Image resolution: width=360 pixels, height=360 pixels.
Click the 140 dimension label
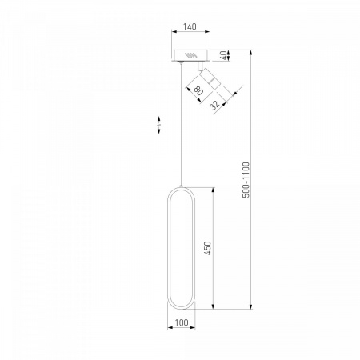pyautogui.click(x=190, y=26)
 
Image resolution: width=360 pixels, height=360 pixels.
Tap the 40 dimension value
pyautogui.click(x=225, y=55)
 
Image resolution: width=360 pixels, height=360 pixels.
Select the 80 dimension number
pyautogui.click(x=198, y=90)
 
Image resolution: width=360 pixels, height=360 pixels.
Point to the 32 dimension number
pyautogui.click(x=214, y=105)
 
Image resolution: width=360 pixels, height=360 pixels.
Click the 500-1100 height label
pyautogui.click(x=246, y=180)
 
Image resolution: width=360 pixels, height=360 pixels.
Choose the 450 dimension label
pyautogui.click(x=207, y=248)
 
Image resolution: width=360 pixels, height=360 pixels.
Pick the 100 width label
pyautogui.click(x=182, y=322)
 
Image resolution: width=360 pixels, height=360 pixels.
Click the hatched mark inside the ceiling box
pyautogui.click(x=191, y=55)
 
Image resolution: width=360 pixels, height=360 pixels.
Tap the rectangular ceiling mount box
pyautogui.click(x=190, y=55)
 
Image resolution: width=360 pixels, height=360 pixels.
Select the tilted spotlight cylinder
pyautogui.click(x=210, y=78)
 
